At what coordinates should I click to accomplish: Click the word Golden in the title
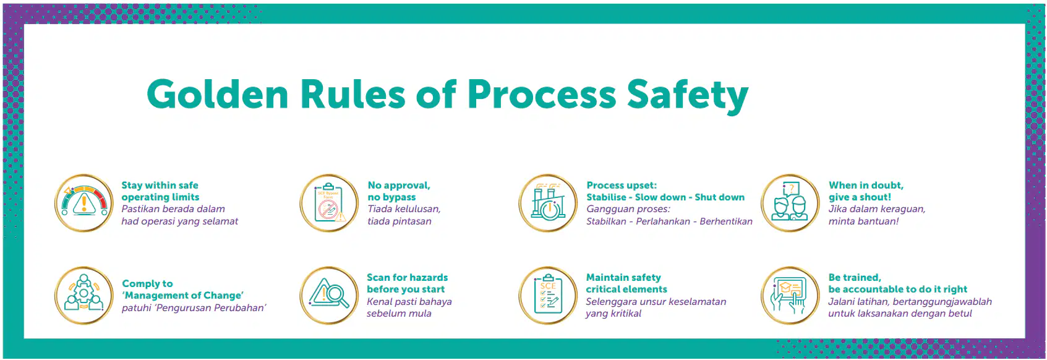218,94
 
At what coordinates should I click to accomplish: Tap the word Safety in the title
688,95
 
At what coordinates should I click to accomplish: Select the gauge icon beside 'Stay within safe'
84,203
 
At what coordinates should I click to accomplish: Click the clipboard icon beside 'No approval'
329,203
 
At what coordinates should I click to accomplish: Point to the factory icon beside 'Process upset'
549,203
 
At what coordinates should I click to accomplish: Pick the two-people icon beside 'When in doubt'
790,203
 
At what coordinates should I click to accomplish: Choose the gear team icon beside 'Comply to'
84,296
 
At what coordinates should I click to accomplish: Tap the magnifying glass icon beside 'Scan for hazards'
329,296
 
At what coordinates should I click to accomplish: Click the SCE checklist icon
549,296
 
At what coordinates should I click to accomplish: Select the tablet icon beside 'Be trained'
790,296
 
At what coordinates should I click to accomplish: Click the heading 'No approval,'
399,186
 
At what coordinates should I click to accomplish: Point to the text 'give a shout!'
860,197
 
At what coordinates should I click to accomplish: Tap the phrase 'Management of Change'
183,296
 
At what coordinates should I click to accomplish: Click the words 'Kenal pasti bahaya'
409,302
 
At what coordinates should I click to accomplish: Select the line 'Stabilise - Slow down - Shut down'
665,197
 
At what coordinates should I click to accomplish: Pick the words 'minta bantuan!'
863,221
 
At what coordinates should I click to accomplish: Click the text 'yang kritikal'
613,314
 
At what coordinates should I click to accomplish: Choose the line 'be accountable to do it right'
898,289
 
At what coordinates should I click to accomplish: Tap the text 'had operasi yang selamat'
179,221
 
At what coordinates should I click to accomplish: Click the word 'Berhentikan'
726,221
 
